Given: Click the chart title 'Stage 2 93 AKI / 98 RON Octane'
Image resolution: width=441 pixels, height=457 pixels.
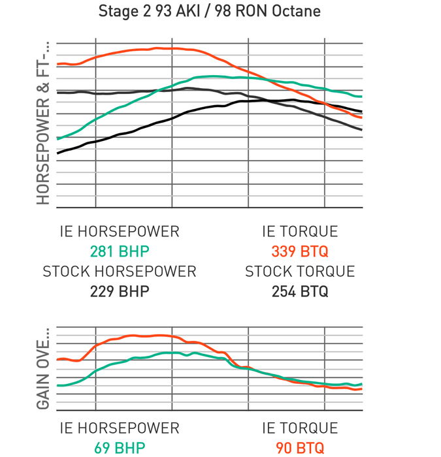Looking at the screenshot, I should (209, 11).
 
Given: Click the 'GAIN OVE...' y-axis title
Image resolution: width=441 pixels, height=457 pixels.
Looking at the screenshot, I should (43, 374).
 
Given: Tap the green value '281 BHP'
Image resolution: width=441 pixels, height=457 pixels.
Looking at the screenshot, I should (119, 251).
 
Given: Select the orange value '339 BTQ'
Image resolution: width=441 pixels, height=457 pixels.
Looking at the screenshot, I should (300, 251).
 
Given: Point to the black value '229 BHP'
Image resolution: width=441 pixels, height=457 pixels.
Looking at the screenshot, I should (119, 291).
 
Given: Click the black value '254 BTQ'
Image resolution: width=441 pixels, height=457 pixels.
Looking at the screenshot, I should (300, 291).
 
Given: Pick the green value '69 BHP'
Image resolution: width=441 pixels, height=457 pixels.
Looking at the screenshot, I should (119, 448).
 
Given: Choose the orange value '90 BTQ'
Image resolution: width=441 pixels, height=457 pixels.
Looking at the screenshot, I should (300, 448).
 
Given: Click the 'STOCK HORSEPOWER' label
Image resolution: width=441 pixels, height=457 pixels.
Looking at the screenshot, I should (119, 271).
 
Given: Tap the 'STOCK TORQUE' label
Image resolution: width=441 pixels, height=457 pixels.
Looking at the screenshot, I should (300, 271).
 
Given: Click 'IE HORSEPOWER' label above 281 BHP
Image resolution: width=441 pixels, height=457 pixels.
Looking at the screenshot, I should (119, 232).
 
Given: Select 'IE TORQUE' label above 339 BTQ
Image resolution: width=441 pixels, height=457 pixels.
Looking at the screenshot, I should (300, 232).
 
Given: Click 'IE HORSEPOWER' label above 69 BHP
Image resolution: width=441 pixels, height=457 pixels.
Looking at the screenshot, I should (119, 428).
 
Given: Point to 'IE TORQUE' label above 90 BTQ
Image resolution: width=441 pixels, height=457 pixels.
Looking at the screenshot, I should (300, 428).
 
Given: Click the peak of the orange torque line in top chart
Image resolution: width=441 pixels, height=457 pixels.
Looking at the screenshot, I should (157, 48).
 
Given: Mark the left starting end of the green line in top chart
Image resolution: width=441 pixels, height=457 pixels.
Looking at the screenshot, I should (58, 138).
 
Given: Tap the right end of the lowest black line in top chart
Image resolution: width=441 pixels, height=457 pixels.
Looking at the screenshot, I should (361, 130).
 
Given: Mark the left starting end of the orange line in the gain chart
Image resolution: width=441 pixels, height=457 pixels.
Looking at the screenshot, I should (58, 359).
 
